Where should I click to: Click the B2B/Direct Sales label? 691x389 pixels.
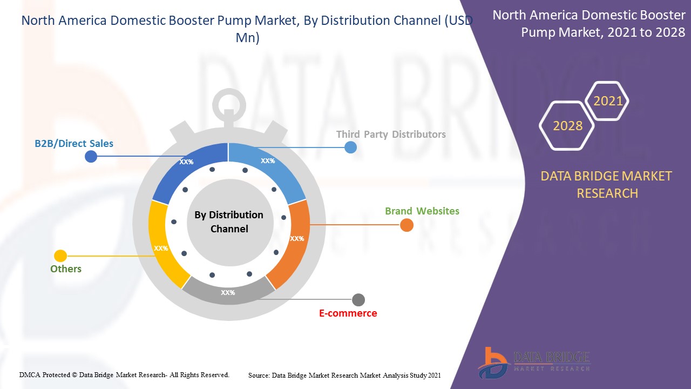[x=74, y=143]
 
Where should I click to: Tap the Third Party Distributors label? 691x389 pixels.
[x=391, y=134]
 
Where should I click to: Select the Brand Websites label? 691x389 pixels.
[x=422, y=211]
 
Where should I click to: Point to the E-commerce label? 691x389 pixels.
[x=348, y=313]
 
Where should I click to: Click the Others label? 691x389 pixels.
[x=66, y=269]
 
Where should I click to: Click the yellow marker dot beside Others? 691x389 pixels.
[x=60, y=256]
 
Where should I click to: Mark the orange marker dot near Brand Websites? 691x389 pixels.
[x=407, y=225]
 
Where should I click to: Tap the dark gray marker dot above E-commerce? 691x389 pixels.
[x=358, y=300]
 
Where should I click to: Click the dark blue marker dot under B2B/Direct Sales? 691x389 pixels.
[x=91, y=157]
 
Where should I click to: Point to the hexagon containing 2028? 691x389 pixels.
[x=567, y=126]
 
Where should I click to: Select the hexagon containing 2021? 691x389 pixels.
[x=608, y=101]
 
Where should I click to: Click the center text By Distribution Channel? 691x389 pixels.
[x=229, y=222]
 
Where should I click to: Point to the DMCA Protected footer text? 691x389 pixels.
[x=124, y=374]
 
